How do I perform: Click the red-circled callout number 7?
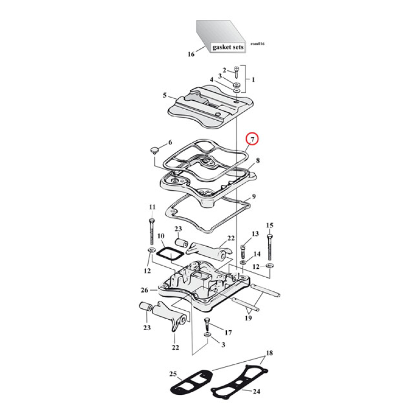pyautogui.click(x=253, y=139)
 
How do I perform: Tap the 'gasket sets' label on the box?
pyautogui.click(x=228, y=47)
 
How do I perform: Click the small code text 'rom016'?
pyautogui.click(x=257, y=44)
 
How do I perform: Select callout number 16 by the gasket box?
pyautogui.click(x=191, y=54)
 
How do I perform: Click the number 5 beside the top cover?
pyautogui.click(x=164, y=96)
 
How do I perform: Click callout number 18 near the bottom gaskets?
pyautogui.click(x=269, y=353)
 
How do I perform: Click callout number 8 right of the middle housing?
pyautogui.click(x=258, y=160)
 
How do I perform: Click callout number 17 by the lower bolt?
pyautogui.click(x=228, y=332)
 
